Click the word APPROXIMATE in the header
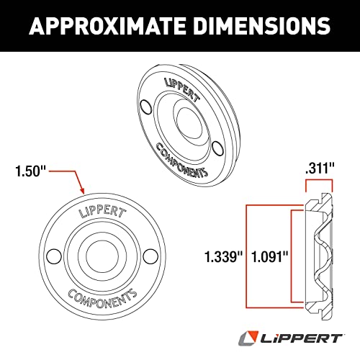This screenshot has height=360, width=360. [x=107, y=26]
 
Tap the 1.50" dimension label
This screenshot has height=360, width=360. [x=30, y=171]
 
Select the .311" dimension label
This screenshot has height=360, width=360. [x=320, y=168]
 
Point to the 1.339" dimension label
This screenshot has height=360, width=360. [x=224, y=256]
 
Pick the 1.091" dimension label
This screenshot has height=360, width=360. [x=269, y=256]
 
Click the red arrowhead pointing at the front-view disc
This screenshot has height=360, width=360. [x=82, y=190]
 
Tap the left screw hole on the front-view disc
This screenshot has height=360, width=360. [x=54, y=256]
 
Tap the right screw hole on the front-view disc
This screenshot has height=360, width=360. [x=150, y=256]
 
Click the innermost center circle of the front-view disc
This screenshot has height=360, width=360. [x=102, y=256]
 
